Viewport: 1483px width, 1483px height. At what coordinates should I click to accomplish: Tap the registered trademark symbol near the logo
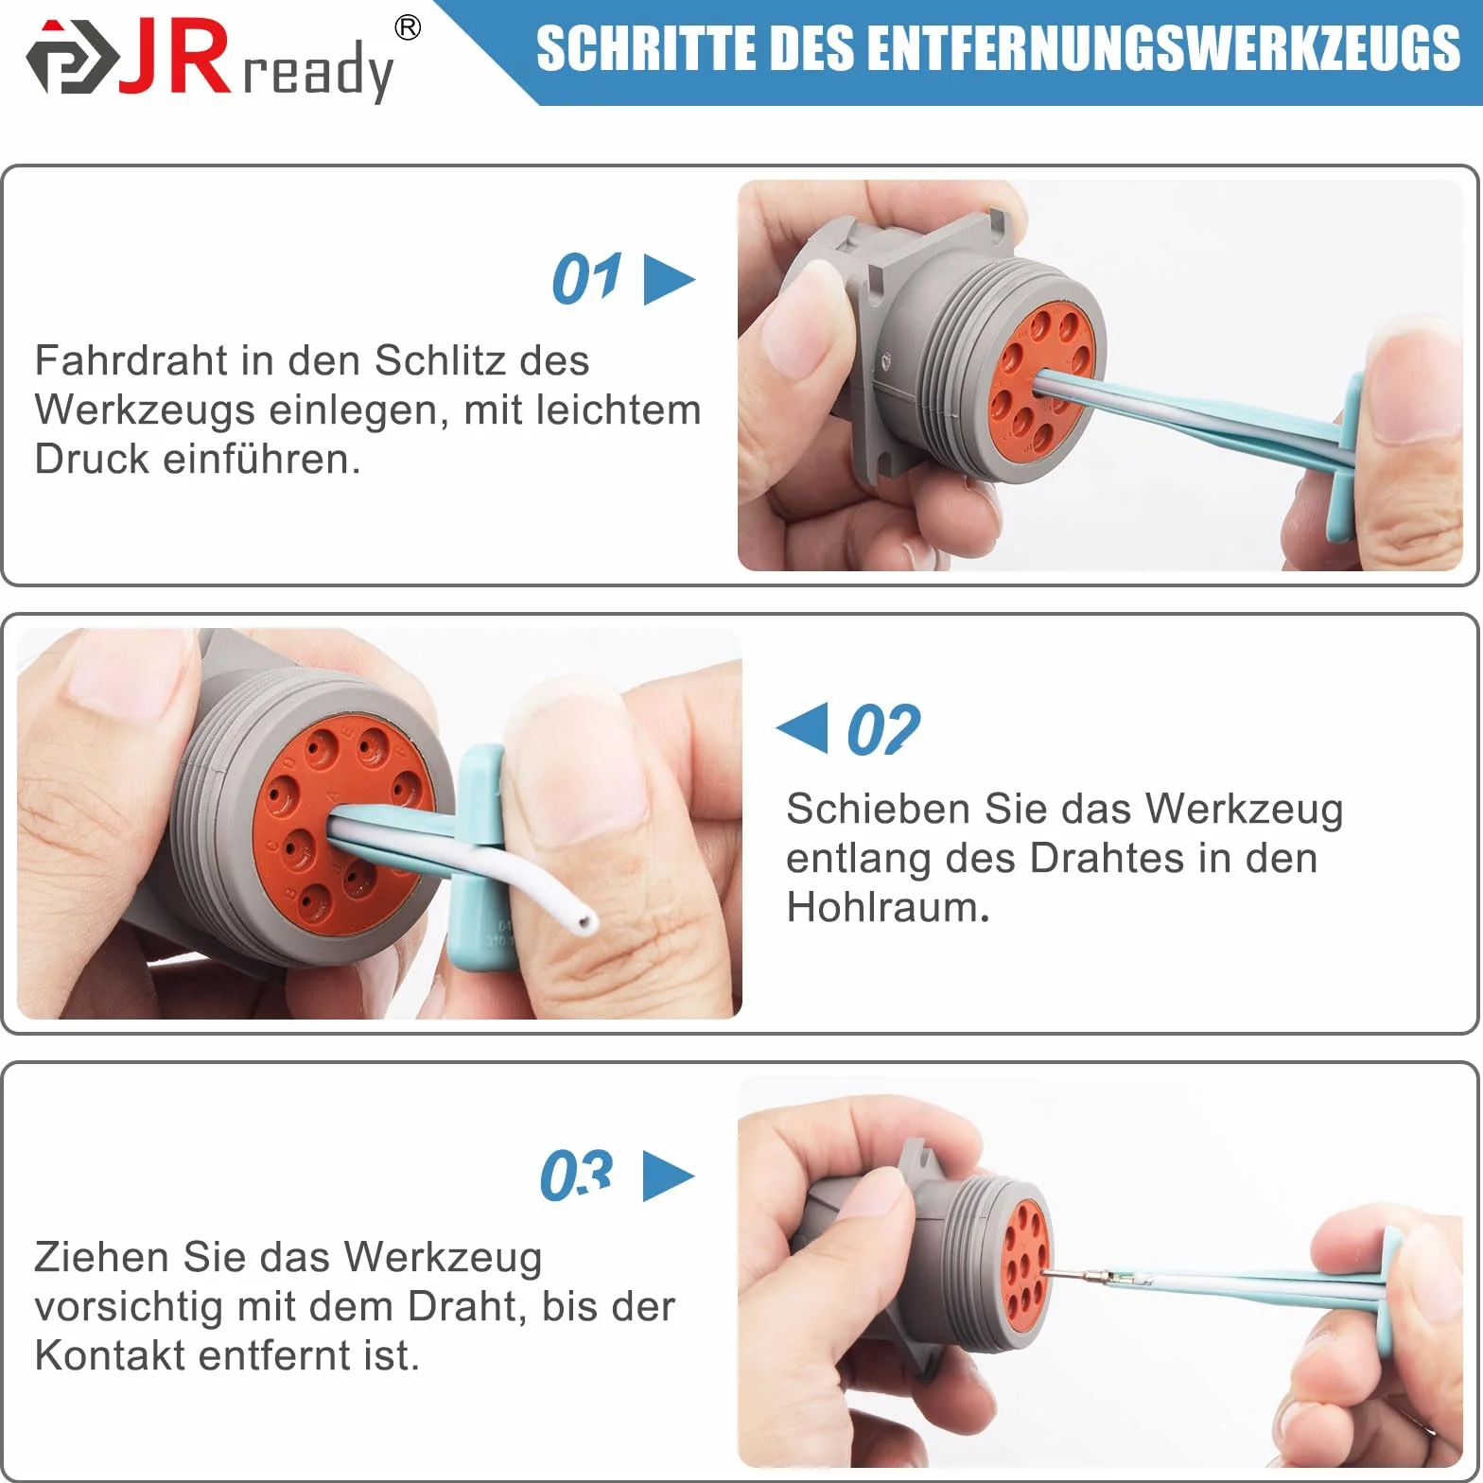pos(408,28)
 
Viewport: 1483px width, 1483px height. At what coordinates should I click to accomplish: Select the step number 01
pos(586,279)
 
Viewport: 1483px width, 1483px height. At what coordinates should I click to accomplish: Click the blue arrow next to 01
pos(668,280)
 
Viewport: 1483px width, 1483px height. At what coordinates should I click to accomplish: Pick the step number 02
pos(883,729)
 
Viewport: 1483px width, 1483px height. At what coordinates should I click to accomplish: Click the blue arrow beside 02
pos(802,728)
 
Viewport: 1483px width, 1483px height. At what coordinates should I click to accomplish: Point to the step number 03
pos(576,1176)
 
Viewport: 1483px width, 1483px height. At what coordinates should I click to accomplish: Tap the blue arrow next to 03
pos(669,1177)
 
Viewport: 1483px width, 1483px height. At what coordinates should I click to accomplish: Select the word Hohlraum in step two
pos(887,907)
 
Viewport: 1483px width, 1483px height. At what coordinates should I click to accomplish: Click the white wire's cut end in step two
pos(588,919)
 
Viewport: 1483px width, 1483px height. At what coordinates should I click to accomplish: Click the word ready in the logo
pos(319,71)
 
